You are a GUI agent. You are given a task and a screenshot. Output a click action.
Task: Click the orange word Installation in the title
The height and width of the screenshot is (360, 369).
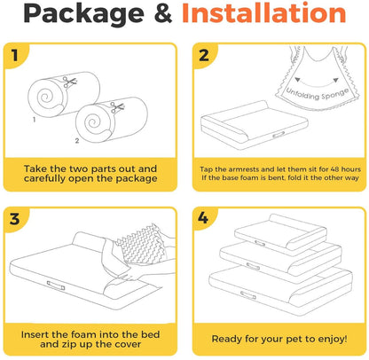tap(264, 13)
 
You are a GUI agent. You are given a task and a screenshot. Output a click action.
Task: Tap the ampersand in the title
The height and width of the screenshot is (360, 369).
tap(163, 13)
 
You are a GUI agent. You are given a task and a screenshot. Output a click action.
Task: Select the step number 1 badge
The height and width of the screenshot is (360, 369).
tap(15, 55)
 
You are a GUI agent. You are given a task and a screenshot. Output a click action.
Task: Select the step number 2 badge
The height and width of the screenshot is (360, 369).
tap(204, 55)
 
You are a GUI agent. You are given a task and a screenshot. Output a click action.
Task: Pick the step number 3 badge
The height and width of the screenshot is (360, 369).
tap(15, 219)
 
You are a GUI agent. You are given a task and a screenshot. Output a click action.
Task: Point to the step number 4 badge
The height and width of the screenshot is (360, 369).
tap(203, 218)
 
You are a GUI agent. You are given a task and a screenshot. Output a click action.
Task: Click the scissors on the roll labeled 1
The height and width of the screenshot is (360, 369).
tap(70, 82)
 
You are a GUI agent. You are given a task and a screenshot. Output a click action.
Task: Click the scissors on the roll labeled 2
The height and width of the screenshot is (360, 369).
tap(117, 107)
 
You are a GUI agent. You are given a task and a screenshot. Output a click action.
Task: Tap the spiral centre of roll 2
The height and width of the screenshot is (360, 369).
tap(93, 122)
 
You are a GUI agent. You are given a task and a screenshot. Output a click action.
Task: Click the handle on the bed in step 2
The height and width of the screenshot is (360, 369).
tap(279, 135)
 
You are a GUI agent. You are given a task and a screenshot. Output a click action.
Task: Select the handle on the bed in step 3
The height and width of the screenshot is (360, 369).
tap(56, 286)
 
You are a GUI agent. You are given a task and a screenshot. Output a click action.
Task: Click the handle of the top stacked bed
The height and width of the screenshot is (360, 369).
tap(260, 244)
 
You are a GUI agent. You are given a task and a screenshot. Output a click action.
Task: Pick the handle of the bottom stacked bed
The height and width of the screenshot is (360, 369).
tap(247, 295)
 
